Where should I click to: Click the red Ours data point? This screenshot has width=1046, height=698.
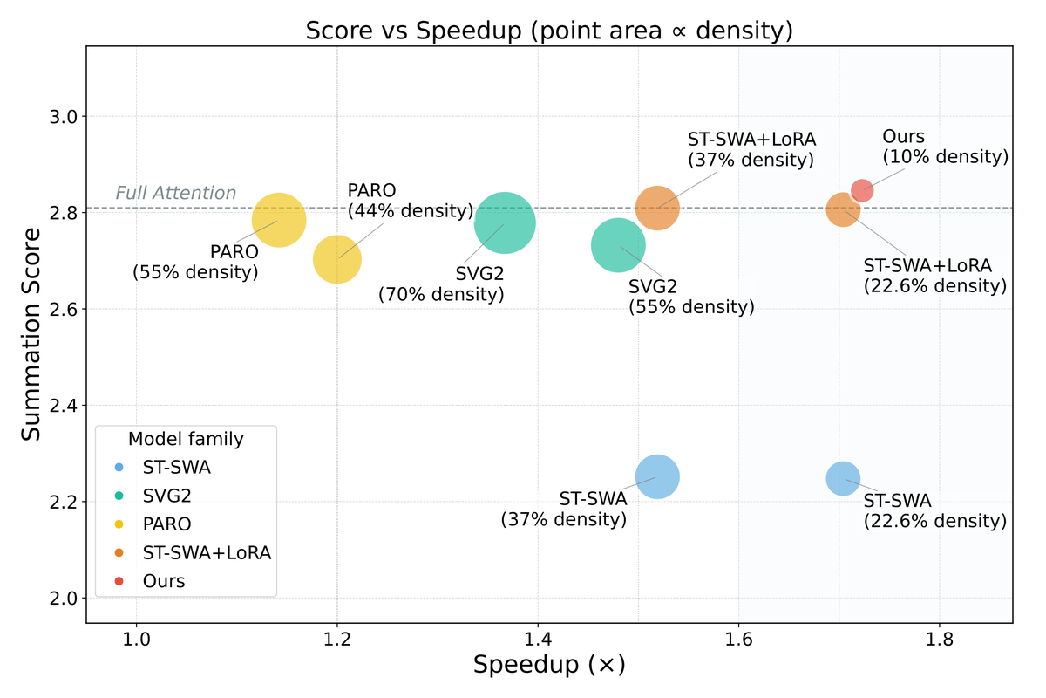point(862,190)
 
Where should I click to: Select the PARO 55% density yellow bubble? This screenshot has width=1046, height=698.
point(279,220)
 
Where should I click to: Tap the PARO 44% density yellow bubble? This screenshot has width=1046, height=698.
point(337,259)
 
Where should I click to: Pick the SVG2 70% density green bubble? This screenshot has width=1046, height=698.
point(505,222)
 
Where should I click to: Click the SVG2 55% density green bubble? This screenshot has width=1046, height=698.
point(618,246)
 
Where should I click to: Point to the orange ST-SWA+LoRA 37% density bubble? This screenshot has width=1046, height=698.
point(657,208)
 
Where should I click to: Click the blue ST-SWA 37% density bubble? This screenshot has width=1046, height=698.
point(658,476)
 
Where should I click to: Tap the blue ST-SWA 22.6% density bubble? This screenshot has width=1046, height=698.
point(843,477)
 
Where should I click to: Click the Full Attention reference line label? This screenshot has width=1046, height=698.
point(176,193)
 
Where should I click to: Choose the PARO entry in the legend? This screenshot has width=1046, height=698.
point(166,524)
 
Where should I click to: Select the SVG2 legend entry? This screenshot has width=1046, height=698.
point(166,496)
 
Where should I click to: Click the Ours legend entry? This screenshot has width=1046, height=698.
point(164,581)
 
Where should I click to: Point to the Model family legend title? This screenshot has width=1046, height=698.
point(186,439)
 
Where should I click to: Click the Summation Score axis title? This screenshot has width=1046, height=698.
point(31,334)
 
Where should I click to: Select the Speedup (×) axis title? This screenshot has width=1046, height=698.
point(549,666)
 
